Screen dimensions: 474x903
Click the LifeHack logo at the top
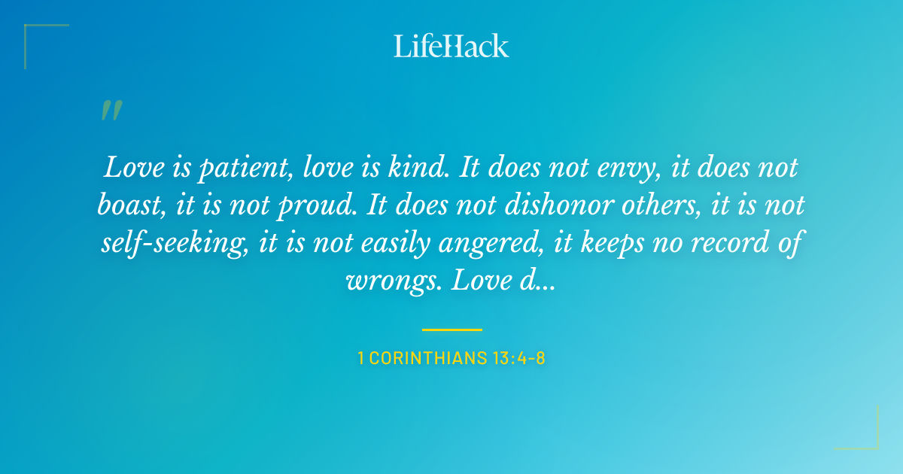[x=451, y=46]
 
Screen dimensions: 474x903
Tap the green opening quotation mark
[x=111, y=111]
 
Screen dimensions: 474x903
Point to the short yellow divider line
[x=451, y=330]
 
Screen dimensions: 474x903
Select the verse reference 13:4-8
[x=518, y=358]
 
